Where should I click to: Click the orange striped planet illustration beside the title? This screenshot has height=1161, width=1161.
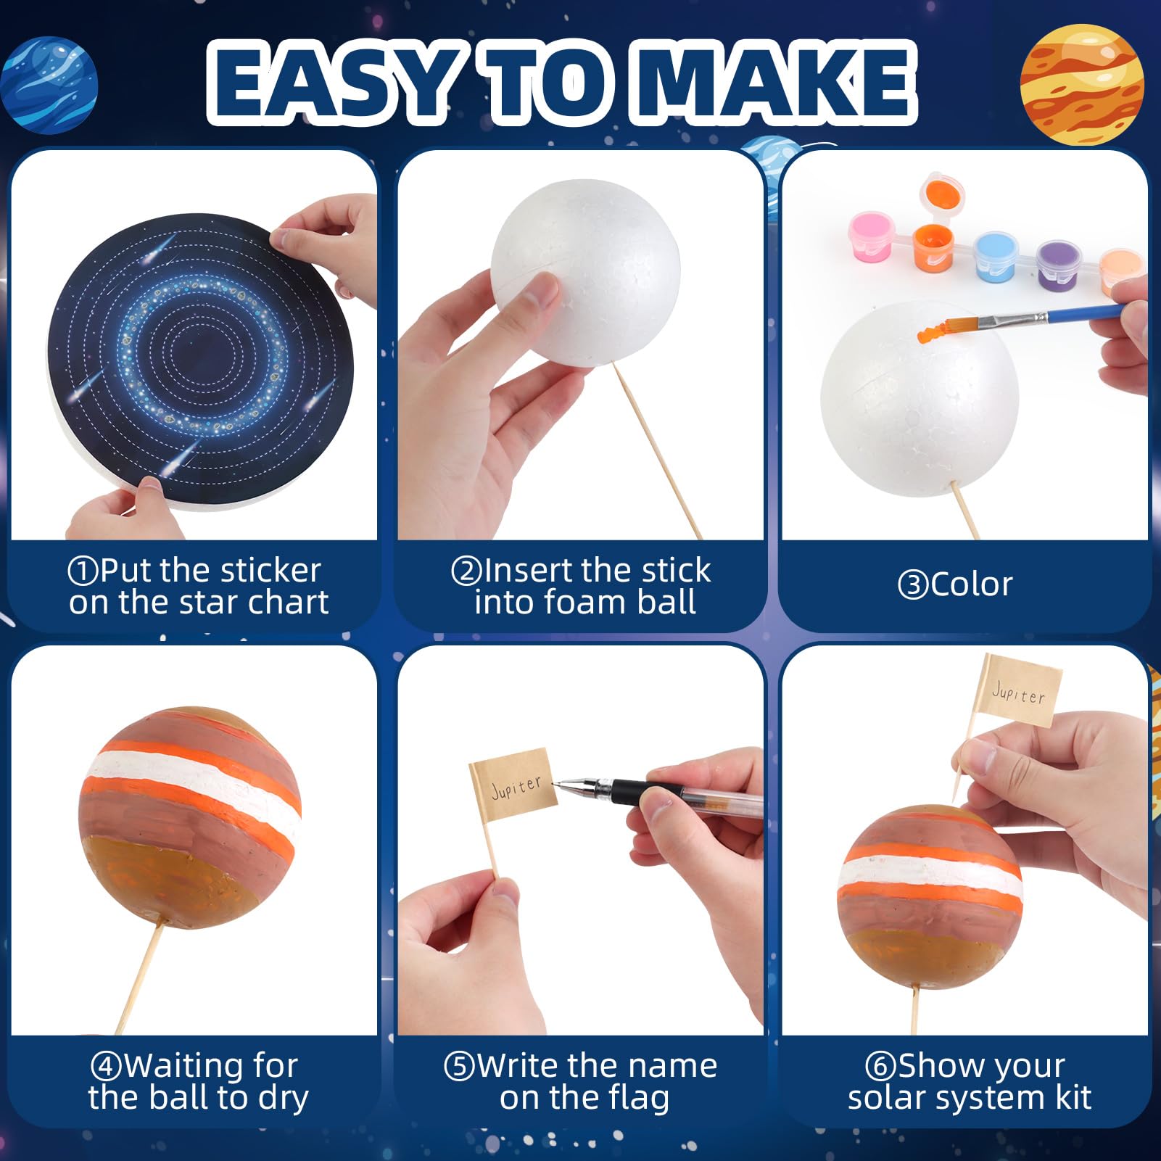(x=1081, y=84)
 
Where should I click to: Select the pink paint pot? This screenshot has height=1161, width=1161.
(x=871, y=236)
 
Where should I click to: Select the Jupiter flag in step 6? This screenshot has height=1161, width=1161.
(x=1019, y=690)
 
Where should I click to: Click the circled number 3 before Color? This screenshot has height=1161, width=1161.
(x=912, y=585)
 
